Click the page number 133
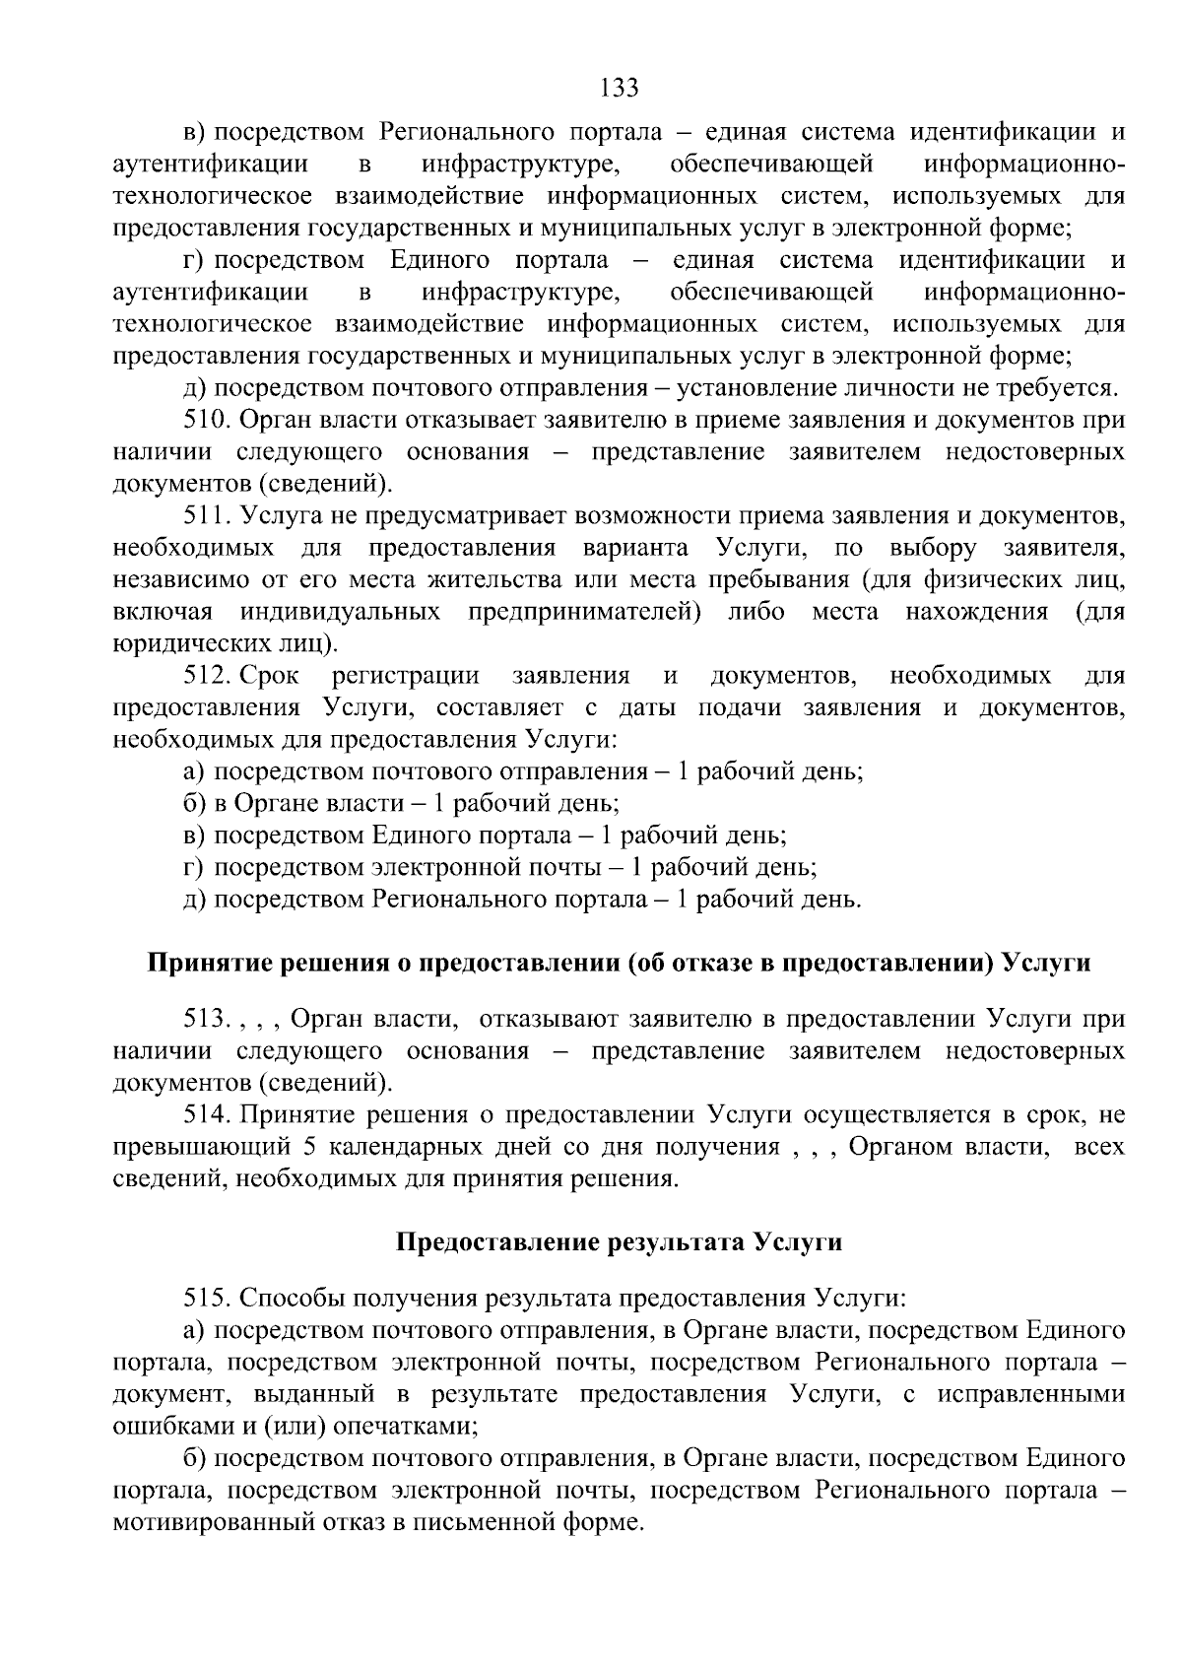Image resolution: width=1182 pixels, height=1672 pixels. coord(620,89)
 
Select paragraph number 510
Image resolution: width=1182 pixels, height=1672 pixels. coord(207,420)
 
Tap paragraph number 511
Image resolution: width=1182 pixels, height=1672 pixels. coord(207,515)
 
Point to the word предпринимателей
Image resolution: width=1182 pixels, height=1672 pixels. coord(584,612)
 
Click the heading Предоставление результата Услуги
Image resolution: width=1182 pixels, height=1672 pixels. coord(619,1241)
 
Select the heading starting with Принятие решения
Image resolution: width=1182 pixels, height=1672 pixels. coord(619,963)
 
